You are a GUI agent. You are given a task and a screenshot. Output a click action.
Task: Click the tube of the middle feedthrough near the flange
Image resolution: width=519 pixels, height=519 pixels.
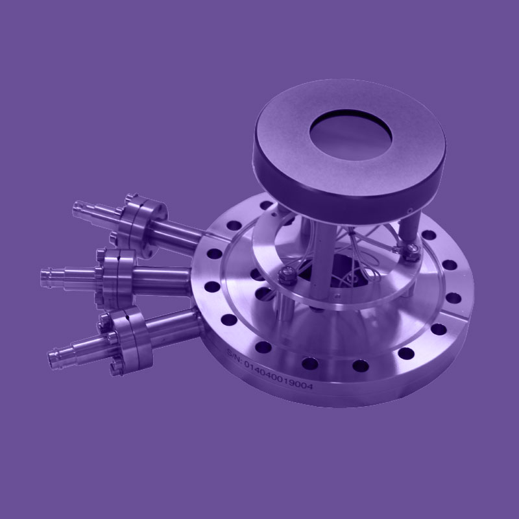[162, 273]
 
